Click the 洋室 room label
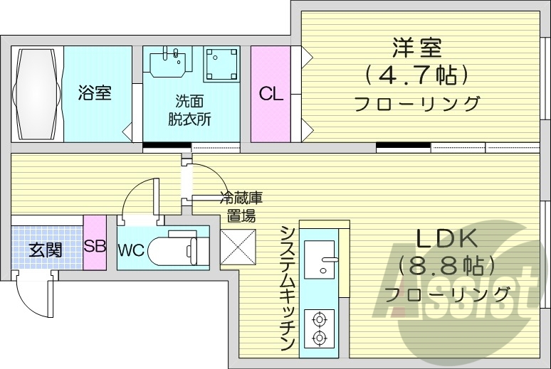[x=417, y=48]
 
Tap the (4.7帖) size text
[x=416, y=73]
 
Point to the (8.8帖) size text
[x=446, y=266]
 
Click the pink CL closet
[x=271, y=93]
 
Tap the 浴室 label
[x=95, y=93]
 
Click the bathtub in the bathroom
[x=38, y=93]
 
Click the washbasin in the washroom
[x=170, y=60]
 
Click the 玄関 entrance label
[x=45, y=250]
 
